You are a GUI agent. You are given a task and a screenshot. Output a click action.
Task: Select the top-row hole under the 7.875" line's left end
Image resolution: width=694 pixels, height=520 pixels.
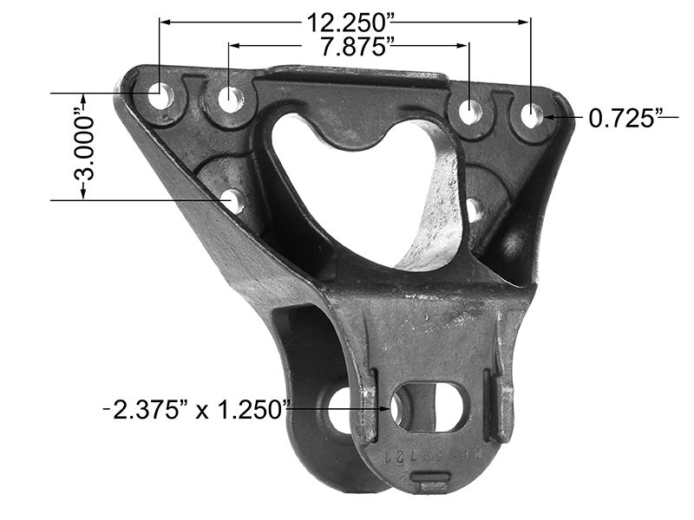click(x=230, y=99)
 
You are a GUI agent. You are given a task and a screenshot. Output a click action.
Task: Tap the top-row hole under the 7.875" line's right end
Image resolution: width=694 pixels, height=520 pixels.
click(x=470, y=111)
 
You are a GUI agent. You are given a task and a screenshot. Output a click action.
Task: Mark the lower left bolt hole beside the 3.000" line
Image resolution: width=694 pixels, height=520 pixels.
click(x=231, y=201)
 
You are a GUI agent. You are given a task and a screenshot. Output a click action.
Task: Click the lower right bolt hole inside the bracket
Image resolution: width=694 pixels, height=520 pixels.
click(x=474, y=209)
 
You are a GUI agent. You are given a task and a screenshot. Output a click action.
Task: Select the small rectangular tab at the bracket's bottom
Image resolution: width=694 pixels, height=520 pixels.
click(x=430, y=479)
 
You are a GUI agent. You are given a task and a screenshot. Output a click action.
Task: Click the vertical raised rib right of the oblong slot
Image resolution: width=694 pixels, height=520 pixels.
click(x=501, y=403)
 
